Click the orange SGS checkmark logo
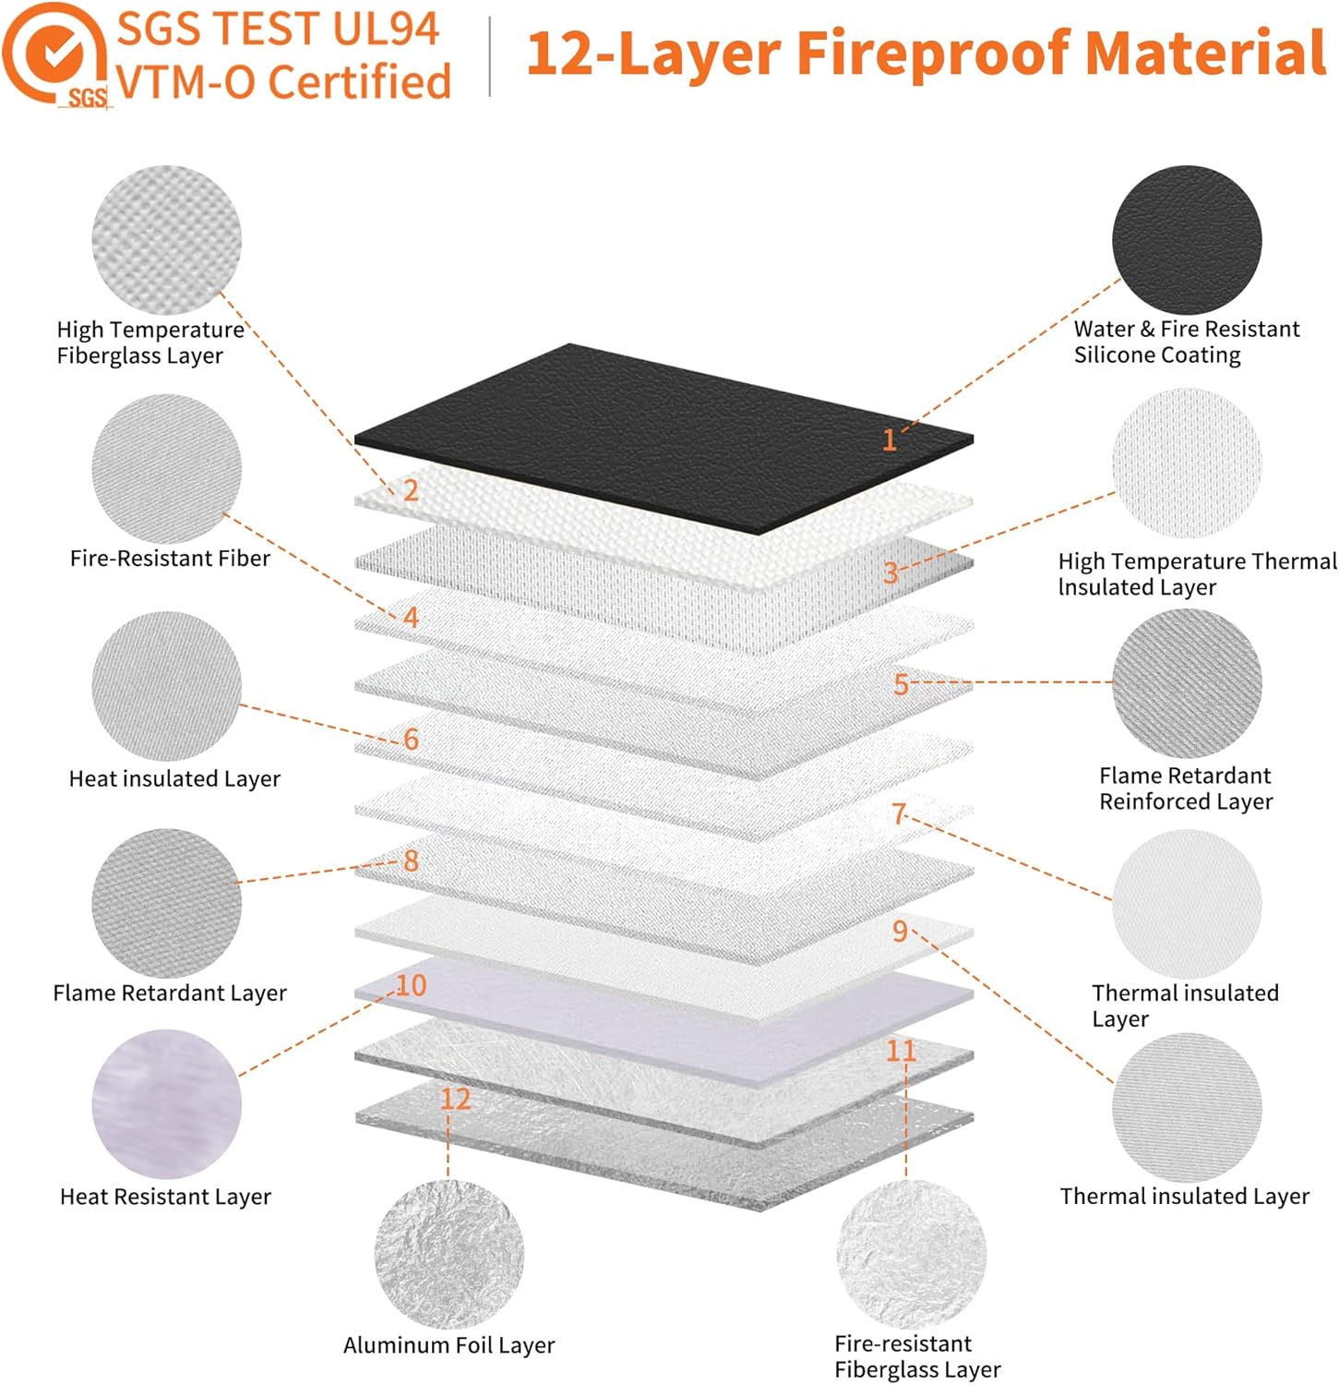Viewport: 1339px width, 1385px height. (x=55, y=54)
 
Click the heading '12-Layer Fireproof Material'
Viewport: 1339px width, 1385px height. (x=926, y=53)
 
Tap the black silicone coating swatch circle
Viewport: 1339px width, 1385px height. (x=1186, y=239)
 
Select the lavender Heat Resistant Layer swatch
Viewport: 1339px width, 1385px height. (x=166, y=1103)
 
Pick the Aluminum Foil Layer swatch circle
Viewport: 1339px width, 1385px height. (x=448, y=1254)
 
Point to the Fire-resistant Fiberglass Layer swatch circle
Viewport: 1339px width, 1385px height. (x=911, y=1254)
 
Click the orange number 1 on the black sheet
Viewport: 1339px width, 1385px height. (x=890, y=440)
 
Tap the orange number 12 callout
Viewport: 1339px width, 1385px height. (x=455, y=1098)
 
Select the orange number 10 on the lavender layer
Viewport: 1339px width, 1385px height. (x=411, y=985)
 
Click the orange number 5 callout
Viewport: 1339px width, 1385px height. (x=901, y=684)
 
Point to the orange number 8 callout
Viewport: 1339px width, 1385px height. (x=411, y=861)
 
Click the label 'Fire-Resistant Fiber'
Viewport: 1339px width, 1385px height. (x=170, y=558)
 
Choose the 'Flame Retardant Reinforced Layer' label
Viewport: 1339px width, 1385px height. (x=1185, y=788)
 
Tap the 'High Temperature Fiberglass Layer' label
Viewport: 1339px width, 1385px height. (x=149, y=343)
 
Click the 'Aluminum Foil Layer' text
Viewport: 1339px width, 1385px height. (x=448, y=1344)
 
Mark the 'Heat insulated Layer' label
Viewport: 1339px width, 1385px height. (x=174, y=778)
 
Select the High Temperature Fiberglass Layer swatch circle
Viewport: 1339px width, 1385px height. (x=166, y=239)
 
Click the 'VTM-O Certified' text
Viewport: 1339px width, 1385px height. (x=284, y=81)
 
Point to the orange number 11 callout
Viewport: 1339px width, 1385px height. (x=901, y=1050)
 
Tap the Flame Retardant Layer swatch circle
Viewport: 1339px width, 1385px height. (x=166, y=902)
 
